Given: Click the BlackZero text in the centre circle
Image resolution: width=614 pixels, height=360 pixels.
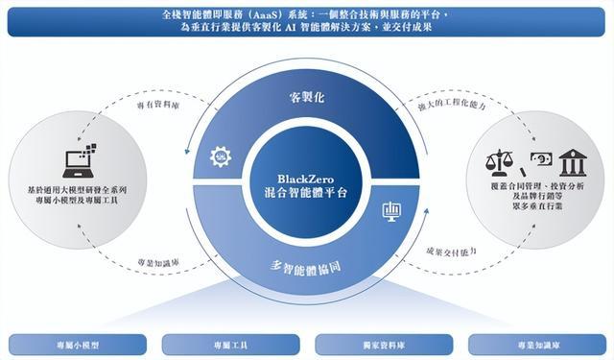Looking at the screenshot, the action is (x=306, y=179).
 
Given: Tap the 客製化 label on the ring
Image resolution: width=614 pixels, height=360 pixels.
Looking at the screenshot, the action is (x=307, y=97).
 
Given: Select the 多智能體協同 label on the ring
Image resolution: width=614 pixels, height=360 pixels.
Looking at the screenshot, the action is (x=305, y=268).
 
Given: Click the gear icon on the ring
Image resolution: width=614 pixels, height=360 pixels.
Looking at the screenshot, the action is (x=221, y=156).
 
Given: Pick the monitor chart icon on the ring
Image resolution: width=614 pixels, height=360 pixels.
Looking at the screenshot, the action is (x=391, y=211).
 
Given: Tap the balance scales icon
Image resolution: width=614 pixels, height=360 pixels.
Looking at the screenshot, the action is (x=499, y=162).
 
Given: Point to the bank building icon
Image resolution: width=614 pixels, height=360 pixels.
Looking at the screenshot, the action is (x=573, y=162).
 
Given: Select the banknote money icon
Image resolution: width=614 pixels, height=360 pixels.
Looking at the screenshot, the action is (x=541, y=158).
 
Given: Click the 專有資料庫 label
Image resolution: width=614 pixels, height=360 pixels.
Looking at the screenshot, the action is (x=158, y=105).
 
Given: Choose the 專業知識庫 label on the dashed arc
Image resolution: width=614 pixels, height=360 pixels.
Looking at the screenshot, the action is (x=158, y=262).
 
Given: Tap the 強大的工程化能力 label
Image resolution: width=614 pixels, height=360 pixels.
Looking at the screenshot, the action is (x=452, y=105).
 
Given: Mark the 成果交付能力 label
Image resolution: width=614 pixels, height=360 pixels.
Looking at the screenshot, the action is (x=451, y=252).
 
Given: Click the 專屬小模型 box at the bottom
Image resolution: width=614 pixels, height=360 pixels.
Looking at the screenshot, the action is (x=78, y=345).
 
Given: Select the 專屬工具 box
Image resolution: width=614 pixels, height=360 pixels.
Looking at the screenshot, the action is (x=230, y=345).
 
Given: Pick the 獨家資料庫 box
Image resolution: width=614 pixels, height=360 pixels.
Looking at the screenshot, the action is (x=384, y=345).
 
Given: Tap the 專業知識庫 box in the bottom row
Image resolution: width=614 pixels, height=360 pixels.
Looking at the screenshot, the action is (x=537, y=345).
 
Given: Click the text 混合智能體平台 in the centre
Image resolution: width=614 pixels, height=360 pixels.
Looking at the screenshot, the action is (x=306, y=193).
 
